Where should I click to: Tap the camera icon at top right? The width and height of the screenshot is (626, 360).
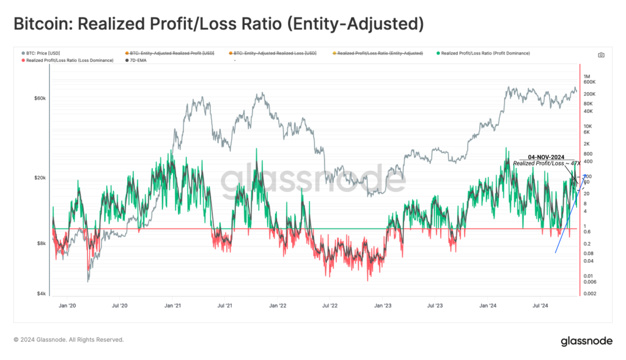(601, 54)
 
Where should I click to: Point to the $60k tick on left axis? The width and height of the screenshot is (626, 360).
(39, 98)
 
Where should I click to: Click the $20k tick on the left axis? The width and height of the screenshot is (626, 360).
(39, 178)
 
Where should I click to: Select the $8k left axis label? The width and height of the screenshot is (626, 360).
(40, 243)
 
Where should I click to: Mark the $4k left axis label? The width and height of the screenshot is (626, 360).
(40, 293)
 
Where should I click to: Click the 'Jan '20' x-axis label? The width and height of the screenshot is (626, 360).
(67, 304)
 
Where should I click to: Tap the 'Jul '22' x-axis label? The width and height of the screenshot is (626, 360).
(330, 304)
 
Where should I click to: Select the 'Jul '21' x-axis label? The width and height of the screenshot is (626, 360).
(225, 304)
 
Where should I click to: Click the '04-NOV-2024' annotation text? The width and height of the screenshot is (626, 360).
(546, 157)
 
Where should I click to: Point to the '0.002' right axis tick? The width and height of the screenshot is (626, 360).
(590, 294)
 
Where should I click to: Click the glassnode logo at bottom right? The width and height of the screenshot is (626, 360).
(587, 341)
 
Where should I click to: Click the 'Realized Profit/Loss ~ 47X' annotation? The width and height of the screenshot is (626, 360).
(547, 164)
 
